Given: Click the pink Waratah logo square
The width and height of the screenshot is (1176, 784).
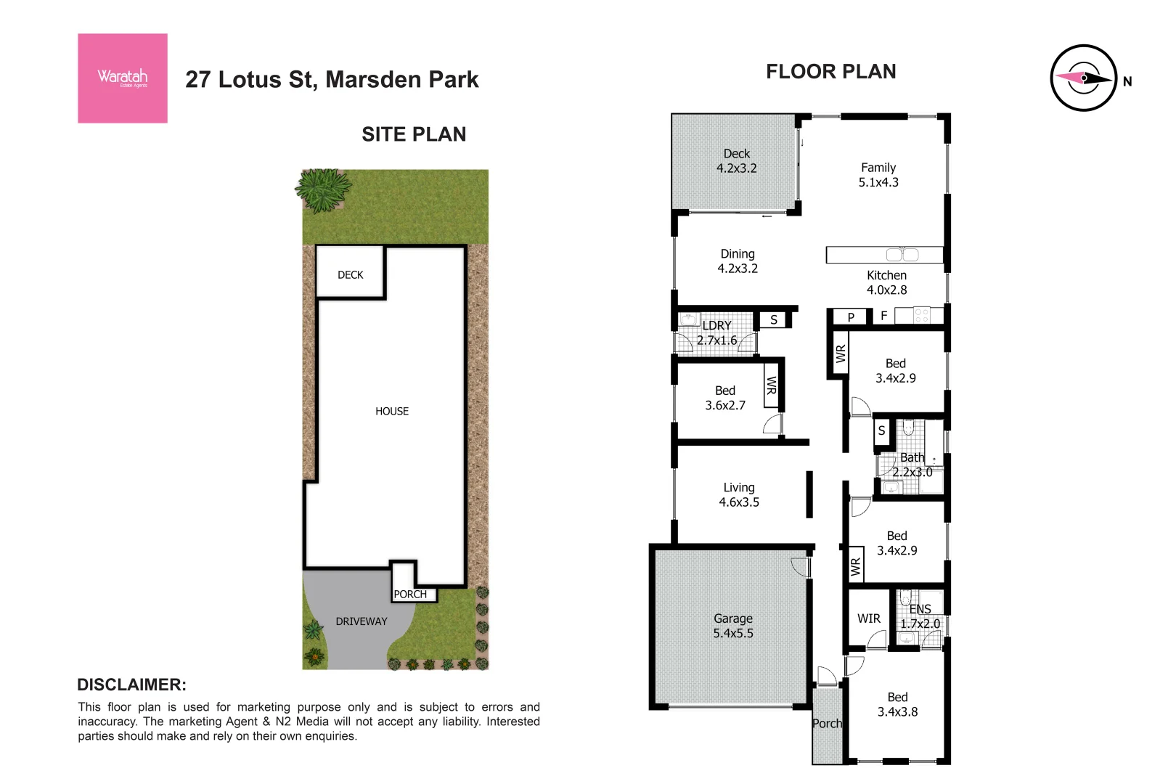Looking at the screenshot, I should [x=122, y=78].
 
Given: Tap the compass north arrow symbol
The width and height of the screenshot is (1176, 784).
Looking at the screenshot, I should [x=1083, y=78].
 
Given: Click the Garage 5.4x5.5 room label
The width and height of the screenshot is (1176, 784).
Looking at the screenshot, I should [x=732, y=626].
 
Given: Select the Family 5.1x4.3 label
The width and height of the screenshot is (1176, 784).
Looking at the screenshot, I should [x=878, y=175].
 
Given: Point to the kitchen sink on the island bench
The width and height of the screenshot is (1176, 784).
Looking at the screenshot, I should [x=902, y=255].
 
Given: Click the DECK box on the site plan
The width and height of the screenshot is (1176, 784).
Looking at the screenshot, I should [x=350, y=274].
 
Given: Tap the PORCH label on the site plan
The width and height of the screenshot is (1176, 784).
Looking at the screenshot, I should [x=410, y=594].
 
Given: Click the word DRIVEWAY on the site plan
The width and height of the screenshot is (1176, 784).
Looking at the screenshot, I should [x=361, y=621].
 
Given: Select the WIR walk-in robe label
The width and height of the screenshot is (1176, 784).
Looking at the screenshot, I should [x=868, y=618].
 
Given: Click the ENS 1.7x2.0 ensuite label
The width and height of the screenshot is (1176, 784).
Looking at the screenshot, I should [x=920, y=616].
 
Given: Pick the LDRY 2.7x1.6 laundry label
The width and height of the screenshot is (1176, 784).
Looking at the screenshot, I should [x=716, y=332].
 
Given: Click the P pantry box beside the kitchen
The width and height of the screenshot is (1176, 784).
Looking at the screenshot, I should [x=851, y=317].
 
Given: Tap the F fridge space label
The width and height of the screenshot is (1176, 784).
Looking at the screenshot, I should [x=883, y=316].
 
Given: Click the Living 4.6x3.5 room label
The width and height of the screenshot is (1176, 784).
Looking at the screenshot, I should [x=738, y=495].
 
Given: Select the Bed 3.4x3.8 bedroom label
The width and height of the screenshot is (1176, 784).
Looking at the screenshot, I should [x=897, y=704].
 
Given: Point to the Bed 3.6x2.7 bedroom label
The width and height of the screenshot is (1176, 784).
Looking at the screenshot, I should [x=724, y=398].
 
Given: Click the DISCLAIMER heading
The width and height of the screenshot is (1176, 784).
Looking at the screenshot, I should [x=131, y=685].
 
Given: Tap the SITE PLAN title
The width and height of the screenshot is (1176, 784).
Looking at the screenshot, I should [x=414, y=134].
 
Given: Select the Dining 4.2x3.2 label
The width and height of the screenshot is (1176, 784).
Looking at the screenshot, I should [x=738, y=261].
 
